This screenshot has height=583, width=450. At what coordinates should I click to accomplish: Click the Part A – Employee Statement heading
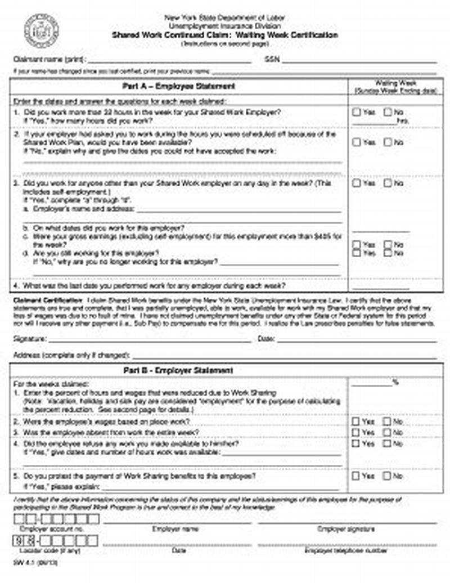pyautogui.click(x=179, y=86)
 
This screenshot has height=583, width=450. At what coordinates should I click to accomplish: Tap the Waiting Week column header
pyautogui.click(x=395, y=86)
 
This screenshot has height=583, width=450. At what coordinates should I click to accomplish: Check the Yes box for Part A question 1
pyautogui.click(x=357, y=112)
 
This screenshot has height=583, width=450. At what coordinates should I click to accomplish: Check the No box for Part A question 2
pyautogui.click(x=388, y=142)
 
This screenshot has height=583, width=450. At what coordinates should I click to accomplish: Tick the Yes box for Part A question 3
pyautogui.click(x=357, y=183)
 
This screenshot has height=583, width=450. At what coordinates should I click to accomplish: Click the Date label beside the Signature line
pyautogui.click(x=265, y=339)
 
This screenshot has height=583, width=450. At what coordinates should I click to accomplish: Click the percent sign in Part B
pyautogui.click(x=395, y=382)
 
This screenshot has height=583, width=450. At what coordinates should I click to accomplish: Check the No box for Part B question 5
pyautogui.click(x=388, y=476)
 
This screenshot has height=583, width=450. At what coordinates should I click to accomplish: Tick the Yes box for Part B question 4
pyautogui.click(x=357, y=443)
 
